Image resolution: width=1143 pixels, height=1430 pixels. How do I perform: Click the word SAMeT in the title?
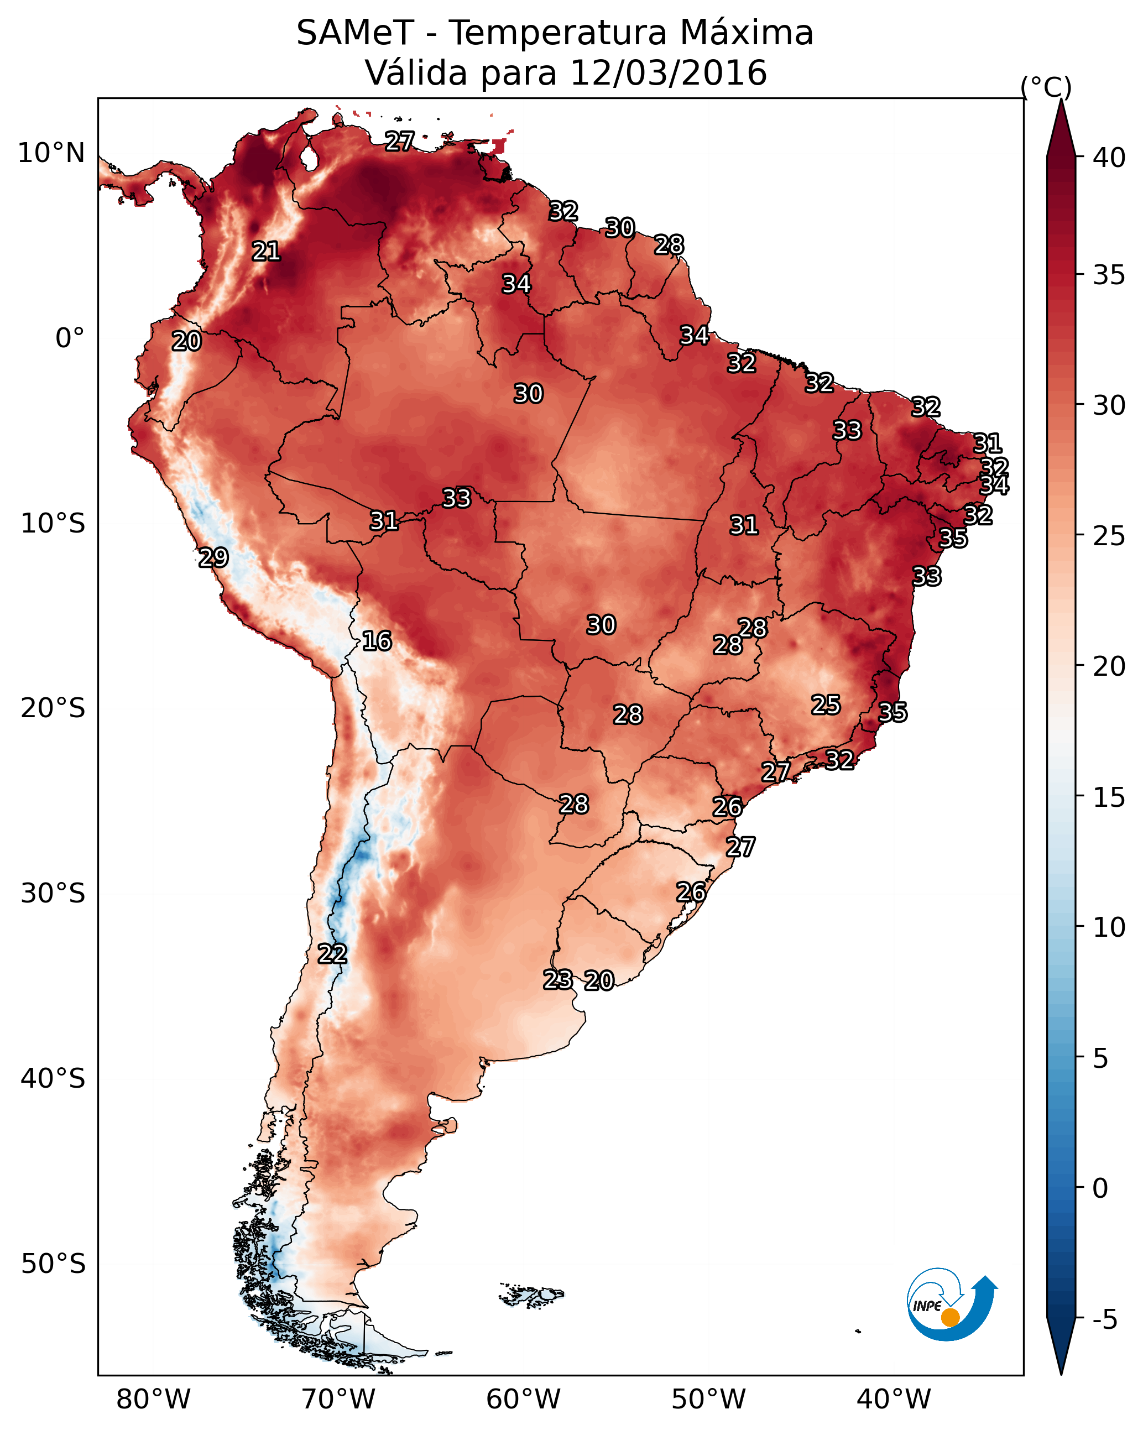click(355, 33)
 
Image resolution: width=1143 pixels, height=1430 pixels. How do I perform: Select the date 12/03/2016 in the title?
click(668, 73)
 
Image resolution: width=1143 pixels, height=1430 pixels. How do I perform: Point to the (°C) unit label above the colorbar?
click(1046, 87)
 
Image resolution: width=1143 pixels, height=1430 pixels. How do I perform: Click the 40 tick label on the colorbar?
click(1109, 158)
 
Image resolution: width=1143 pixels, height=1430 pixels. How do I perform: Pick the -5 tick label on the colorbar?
click(1105, 1320)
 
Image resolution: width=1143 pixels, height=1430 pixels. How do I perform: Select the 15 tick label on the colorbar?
click(1109, 797)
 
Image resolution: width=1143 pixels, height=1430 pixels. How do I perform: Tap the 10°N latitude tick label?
click(51, 153)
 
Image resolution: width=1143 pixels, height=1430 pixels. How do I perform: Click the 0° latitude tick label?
click(70, 338)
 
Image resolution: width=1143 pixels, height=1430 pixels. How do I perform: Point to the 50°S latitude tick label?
click(53, 1264)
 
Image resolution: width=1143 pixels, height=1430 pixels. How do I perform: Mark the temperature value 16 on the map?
click(377, 641)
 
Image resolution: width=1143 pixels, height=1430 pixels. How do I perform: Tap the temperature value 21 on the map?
click(266, 252)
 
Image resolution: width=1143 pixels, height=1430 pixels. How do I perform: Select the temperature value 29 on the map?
click(213, 558)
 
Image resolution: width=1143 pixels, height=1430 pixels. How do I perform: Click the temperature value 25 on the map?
click(826, 705)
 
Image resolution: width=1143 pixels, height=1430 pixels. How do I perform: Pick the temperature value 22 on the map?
click(332, 954)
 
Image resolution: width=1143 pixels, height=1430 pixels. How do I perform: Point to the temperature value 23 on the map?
click(558, 980)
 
